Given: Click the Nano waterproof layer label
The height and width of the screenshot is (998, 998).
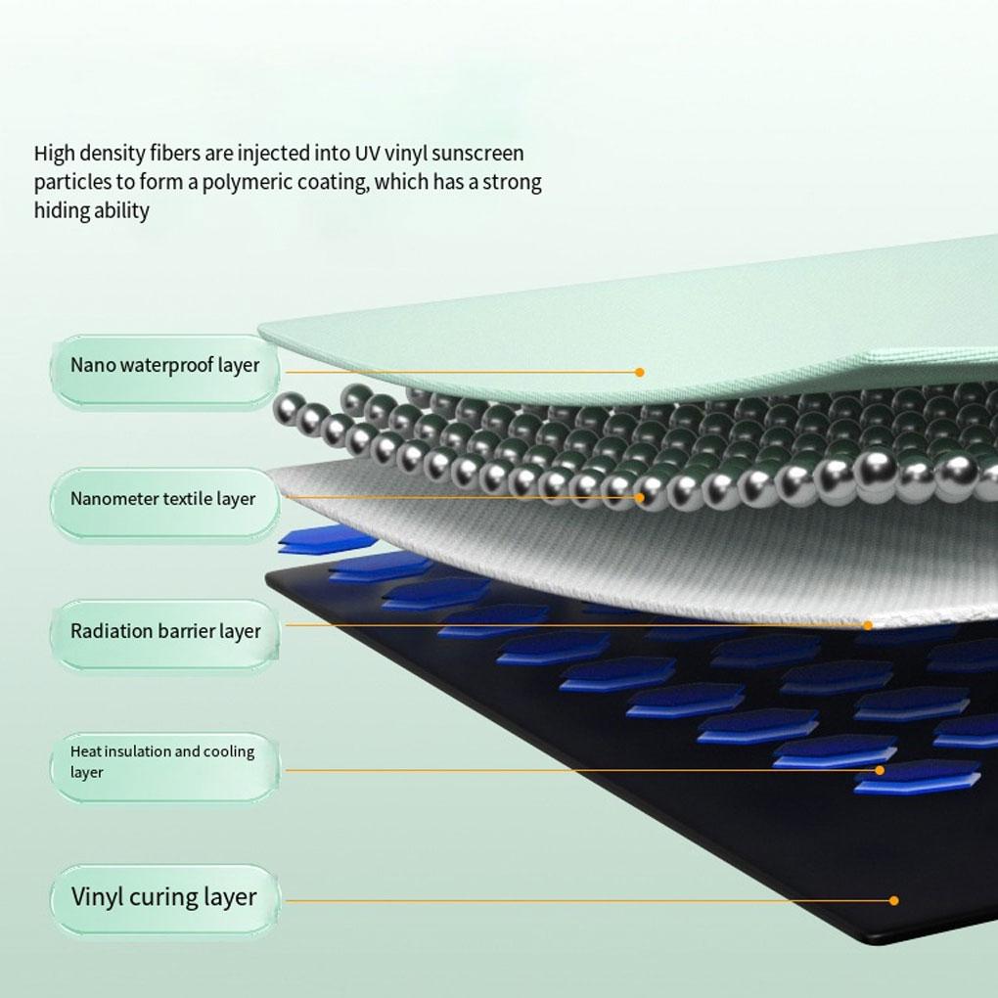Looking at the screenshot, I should tap(164, 366).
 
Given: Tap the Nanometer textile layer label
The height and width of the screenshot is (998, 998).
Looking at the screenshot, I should tap(162, 499).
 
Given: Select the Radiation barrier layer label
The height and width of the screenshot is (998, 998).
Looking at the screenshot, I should tap(164, 632).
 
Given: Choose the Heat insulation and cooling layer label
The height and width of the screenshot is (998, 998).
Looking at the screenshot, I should tap(162, 762).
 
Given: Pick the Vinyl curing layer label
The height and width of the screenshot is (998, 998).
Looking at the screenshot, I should tap(163, 897).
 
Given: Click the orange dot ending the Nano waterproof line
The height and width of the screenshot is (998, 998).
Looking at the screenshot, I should tap(639, 372).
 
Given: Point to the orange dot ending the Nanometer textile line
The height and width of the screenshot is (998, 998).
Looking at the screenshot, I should tap(640, 497).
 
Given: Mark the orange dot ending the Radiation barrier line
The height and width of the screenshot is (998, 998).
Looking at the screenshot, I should tap(867, 625).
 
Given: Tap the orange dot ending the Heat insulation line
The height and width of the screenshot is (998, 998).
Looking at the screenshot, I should tap(880, 770).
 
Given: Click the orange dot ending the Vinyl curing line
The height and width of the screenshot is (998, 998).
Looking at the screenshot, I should tap(894, 900).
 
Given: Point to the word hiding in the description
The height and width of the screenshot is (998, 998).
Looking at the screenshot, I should tap(61, 211).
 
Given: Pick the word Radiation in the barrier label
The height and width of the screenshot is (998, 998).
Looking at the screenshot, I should tap(111, 632).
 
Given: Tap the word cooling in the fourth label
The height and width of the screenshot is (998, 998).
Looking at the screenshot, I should tap(229, 751).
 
